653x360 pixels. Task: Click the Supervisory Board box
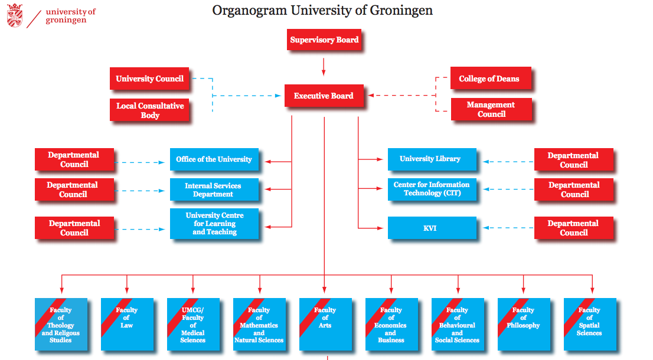pyautogui.click(x=324, y=40)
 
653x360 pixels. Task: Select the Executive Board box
pyautogui.click(x=324, y=96)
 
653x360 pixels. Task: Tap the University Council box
pyautogui.click(x=149, y=78)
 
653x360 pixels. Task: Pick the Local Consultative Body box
pyautogui.click(x=149, y=110)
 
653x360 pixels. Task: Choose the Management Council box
pyautogui.click(x=491, y=109)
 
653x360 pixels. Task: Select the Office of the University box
pyautogui.click(x=214, y=159)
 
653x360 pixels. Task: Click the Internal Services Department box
pyautogui.click(x=214, y=189)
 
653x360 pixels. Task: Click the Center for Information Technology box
pyautogui.click(x=432, y=189)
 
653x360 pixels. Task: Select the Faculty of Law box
pyautogui.click(x=127, y=325)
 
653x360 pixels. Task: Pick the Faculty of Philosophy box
pyautogui.click(x=523, y=325)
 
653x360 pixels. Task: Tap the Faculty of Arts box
pyautogui.click(x=325, y=325)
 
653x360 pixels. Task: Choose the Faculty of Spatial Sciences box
pyautogui.click(x=589, y=325)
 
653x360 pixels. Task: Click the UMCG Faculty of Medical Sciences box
pyautogui.click(x=193, y=325)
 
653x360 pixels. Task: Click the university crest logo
pyautogui.click(x=15, y=15)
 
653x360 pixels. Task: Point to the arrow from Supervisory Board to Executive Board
pyautogui.click(x=324, y=66)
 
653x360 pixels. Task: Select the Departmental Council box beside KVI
pyautogui.click(x=573, y=228)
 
